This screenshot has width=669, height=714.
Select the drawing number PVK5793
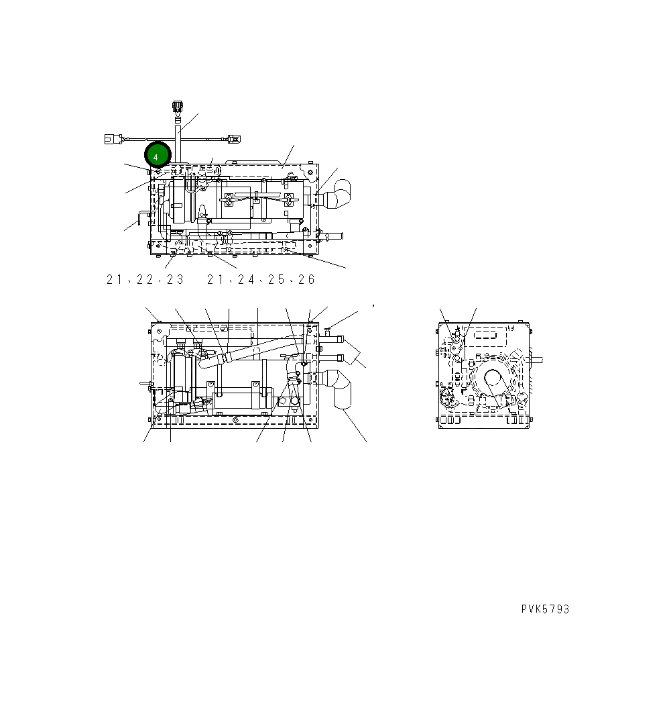545,609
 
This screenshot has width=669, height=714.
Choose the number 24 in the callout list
245,280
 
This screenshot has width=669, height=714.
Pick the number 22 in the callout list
144,280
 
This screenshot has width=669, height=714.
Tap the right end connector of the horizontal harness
233,140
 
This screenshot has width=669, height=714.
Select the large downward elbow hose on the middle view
341,389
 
